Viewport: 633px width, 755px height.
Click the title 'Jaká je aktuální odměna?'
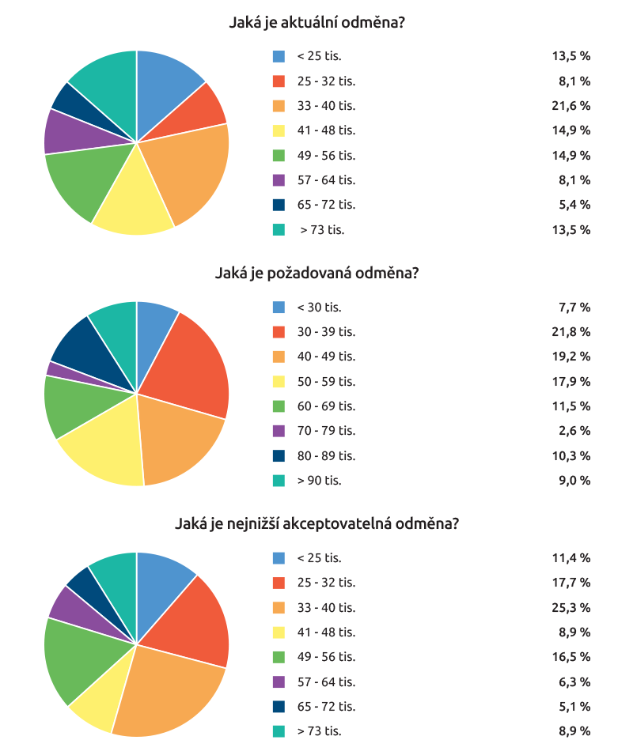tap(316, 23)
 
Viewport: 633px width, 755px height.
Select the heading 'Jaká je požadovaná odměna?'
tap(316, 274)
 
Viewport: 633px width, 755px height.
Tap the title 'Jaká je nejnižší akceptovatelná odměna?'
tap(316, 524)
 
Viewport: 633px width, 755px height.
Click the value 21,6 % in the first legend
tap(571, 105)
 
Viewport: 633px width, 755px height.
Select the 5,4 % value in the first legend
tap(574, 205)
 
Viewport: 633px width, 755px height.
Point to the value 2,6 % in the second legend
tap(574, 431)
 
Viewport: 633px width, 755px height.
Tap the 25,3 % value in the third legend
tap(571, 607)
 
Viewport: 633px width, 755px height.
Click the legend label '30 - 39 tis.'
tap(326, 331)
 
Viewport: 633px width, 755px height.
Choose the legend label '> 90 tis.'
tap(320, 481)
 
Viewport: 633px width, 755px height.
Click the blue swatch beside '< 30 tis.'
tap(279, 307)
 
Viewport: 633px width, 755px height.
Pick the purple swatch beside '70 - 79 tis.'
tap(279, 431)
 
